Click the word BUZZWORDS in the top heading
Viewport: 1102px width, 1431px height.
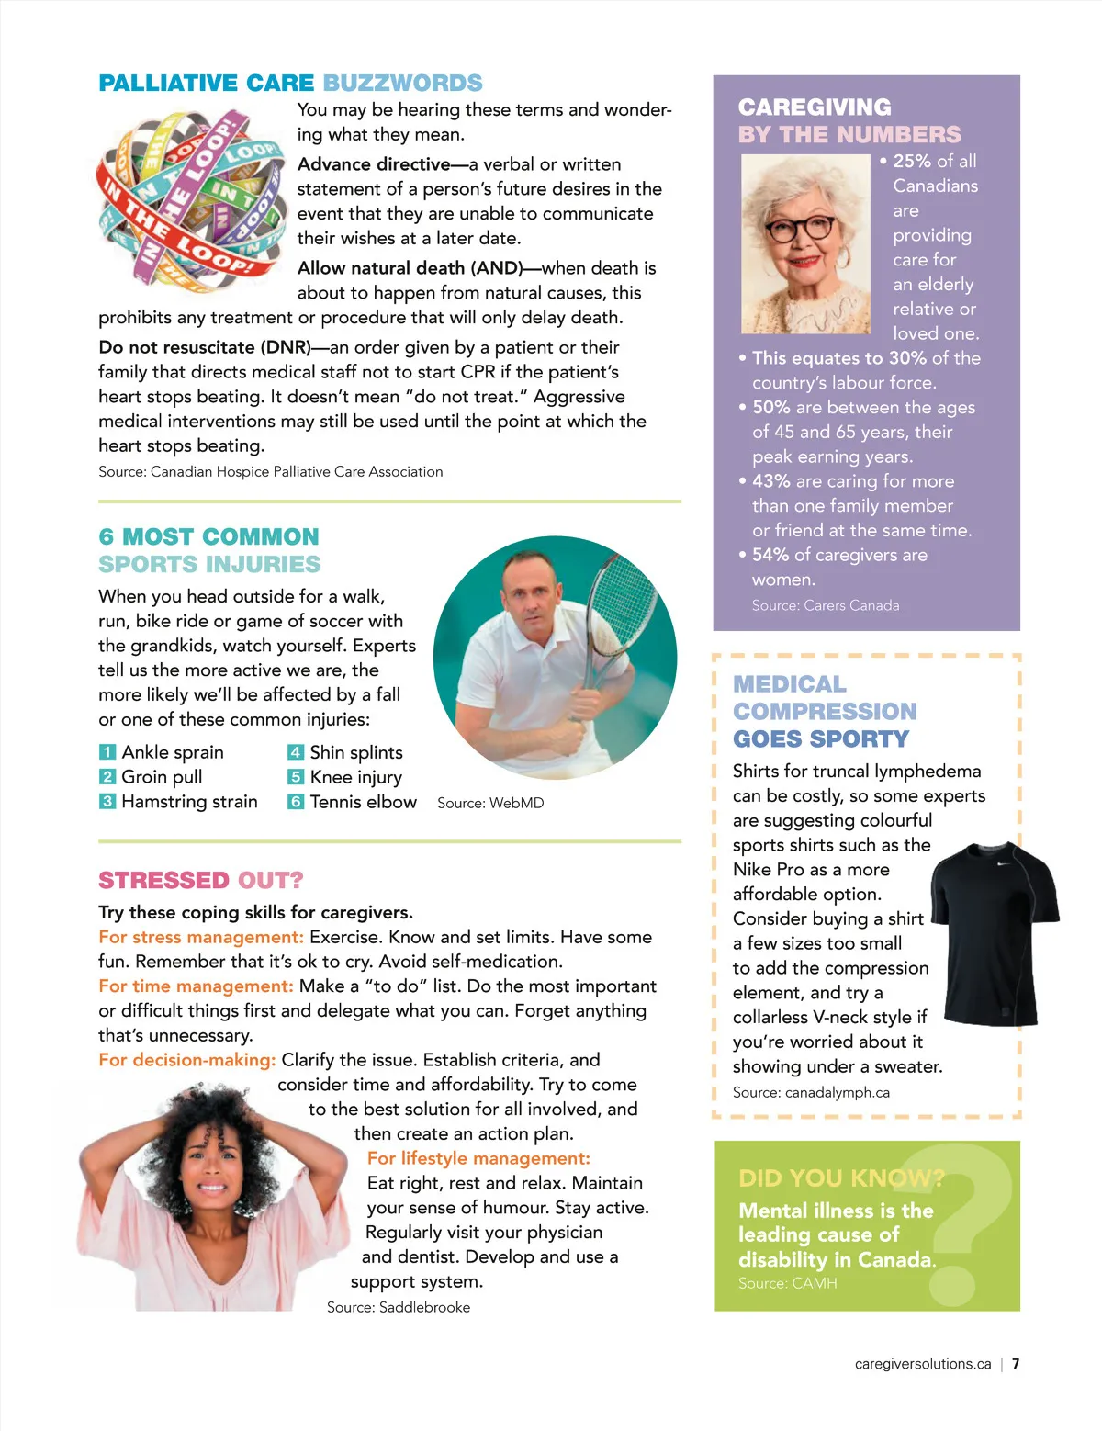click(402, 83)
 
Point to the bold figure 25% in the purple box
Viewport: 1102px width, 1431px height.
click(912, 161)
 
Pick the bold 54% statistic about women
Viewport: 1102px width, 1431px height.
click(770, 555)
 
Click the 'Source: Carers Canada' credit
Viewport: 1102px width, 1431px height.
click(825, 605)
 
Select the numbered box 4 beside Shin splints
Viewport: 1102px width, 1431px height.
click(295, 752)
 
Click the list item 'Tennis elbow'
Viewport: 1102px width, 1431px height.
click(363, 802)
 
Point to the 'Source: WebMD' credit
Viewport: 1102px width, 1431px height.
click(490, 803)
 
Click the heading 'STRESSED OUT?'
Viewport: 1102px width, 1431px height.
click(200, 880)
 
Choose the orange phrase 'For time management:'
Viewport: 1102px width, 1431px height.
click(196, 986)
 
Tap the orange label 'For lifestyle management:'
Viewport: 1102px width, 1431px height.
click(478, 1158)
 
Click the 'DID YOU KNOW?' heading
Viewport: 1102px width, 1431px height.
click(841, 1178)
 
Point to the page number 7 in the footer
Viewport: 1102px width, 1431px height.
click(1016, 1364)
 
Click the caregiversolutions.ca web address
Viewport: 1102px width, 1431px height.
click(922, 1364)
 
